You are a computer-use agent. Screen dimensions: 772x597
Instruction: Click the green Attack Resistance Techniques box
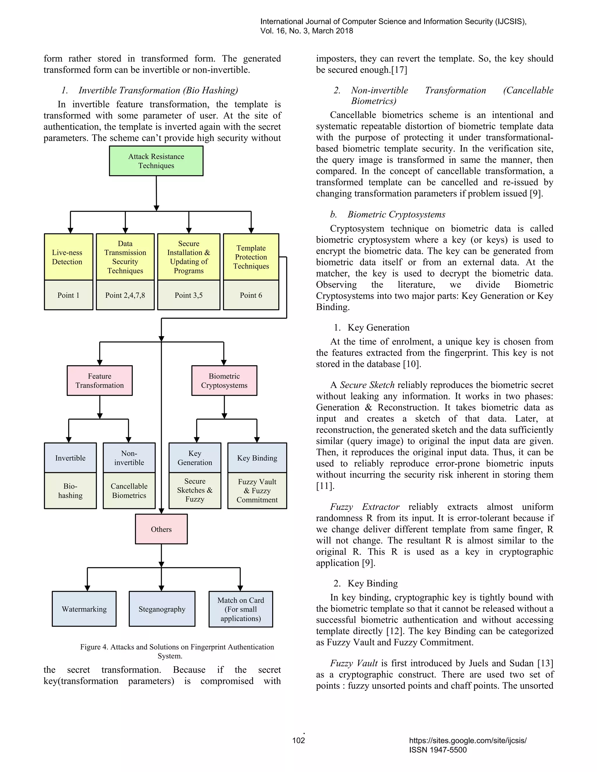coord(156,161)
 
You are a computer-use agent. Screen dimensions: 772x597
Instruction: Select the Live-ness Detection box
coord(68,257)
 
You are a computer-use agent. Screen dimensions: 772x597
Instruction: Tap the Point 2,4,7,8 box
coord(125,295)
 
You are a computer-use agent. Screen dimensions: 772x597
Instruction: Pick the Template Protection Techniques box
coord(251,257)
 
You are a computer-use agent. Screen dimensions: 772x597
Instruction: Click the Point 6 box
coord(251,295)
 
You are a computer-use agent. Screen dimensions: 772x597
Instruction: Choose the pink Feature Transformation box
coord(99,381)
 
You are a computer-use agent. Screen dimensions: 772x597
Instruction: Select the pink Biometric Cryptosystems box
coord(224,381)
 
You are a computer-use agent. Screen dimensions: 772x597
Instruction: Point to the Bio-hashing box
coord(70,491)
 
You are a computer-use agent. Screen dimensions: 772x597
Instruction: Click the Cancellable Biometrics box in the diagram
coord(129,491)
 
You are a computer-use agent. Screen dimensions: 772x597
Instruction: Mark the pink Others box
coord(161,529)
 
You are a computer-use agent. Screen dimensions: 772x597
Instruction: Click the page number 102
coord(298,740)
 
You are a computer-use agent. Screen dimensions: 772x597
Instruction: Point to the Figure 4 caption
coord(177,651)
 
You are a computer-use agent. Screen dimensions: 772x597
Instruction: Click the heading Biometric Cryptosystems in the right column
coord(396,215)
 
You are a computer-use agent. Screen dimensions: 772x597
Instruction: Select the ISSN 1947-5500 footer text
coord(438,750)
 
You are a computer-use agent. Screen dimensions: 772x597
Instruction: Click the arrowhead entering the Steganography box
coord(161,588)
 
